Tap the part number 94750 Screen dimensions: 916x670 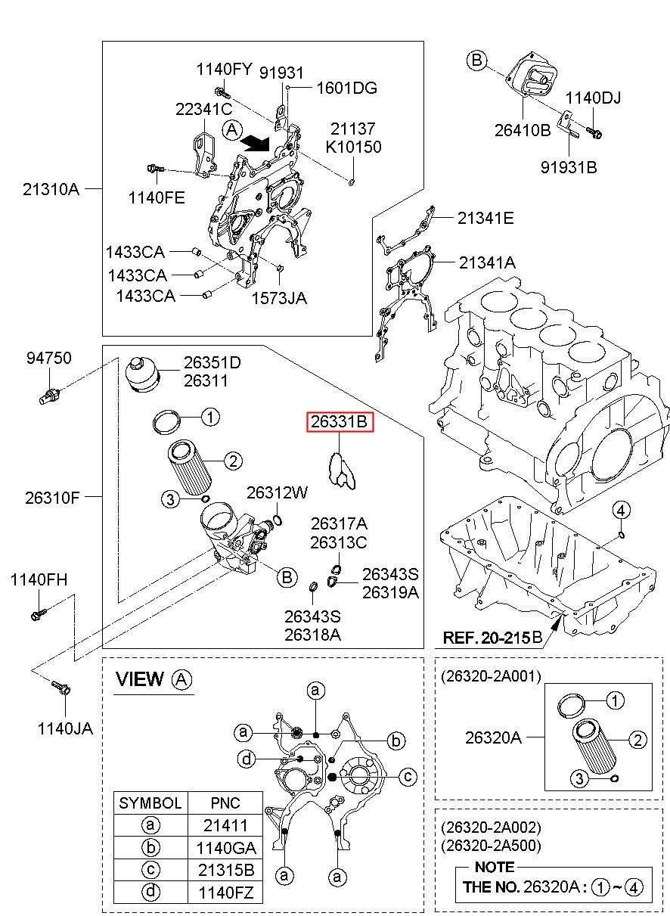(49, 358)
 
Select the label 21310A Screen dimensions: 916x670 (51, 188)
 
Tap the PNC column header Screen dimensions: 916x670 (225, 803)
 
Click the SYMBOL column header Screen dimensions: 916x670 (150, 803)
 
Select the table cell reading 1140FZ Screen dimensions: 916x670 (225, 893)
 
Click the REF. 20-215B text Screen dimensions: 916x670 (492, 638)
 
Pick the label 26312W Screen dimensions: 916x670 (278, 492)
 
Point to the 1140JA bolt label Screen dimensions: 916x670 (65, 728)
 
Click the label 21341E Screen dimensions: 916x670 (485, 219)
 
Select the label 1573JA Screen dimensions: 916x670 (280, 297)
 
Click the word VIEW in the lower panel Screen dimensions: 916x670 (139, 679)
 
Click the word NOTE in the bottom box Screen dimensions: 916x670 (495, 867)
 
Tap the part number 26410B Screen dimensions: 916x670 (523, 129)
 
